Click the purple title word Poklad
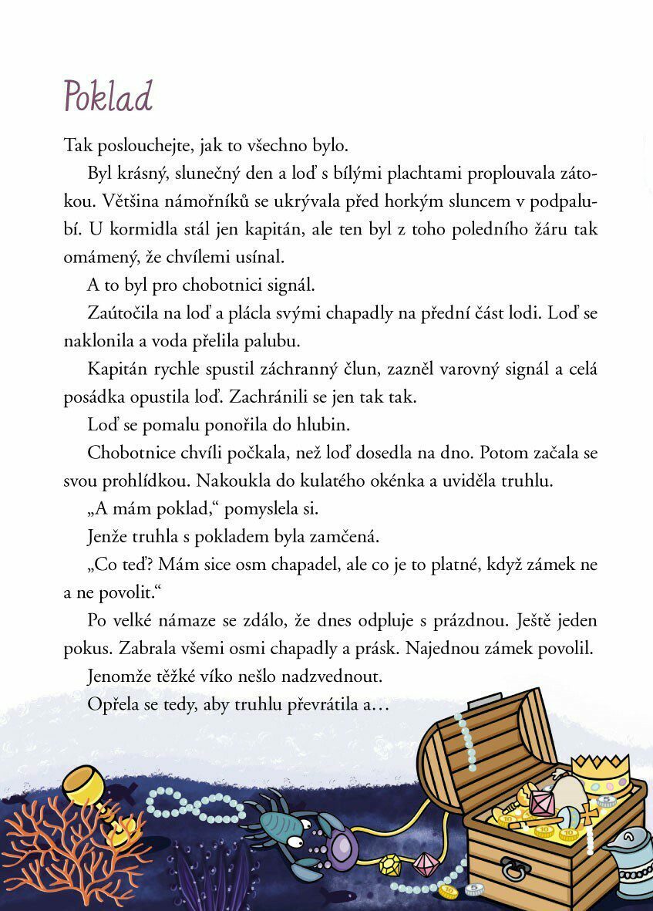108,97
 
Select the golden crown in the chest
600,772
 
